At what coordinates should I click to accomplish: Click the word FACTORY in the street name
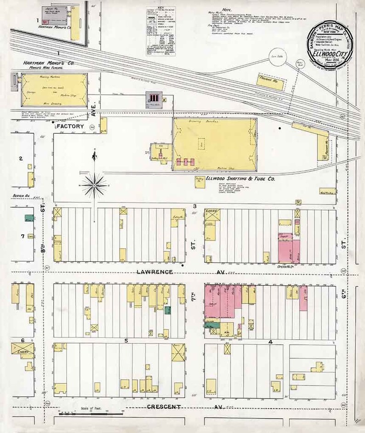click(x=71, y=126)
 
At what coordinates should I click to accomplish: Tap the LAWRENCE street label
click(x=154, y=272)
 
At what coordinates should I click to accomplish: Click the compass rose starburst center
click(x=94, y=185)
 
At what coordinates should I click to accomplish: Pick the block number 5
click(x=125, y=341)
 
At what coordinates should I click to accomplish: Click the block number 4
click(x=271, y=342)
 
